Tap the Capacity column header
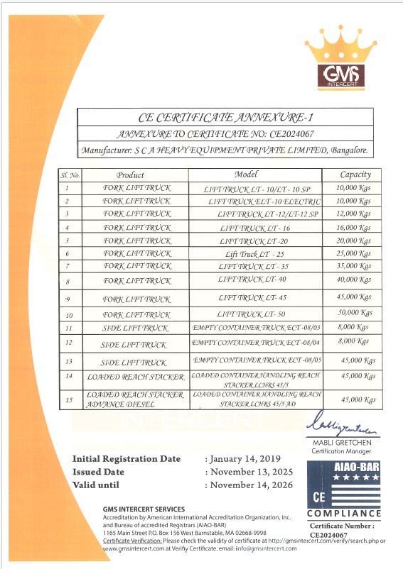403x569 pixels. click(355, 175)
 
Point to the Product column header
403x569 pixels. click(131, 175)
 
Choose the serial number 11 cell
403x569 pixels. click(67, 329)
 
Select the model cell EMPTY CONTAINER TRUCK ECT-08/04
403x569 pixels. click(256, 343)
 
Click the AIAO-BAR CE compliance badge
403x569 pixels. click(344, 489)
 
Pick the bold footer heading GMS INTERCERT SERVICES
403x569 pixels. click(144, 509)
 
